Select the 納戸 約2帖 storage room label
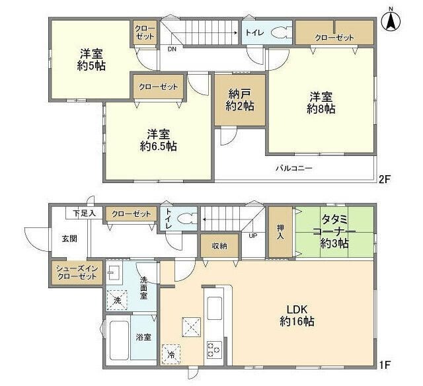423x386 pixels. pos(239,100)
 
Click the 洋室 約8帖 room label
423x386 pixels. pos(321,102)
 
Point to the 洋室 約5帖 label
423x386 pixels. pos(90,59)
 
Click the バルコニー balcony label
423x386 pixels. pos(294,169)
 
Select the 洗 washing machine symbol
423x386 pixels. pos(117,299)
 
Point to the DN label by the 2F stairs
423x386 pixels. pos(171,49)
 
